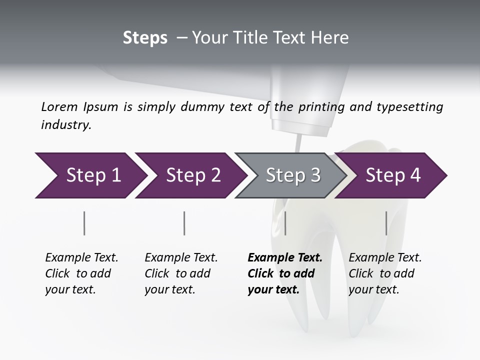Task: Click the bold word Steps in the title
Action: pos(145,37)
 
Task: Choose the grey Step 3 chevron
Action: pos(292,175)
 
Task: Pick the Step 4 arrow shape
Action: pos(392,175)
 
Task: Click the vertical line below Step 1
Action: pos(84,223)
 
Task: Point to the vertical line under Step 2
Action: pos(184,223)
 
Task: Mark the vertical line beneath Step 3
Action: pos(285,223)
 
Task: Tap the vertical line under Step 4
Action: pos(386,223)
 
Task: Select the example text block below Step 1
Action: pos(81,273)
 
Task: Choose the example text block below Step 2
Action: pos(181,273)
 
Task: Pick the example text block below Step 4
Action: pos(385,273)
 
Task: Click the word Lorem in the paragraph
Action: pos(59,106)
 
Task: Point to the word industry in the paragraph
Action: pos(66,124)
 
